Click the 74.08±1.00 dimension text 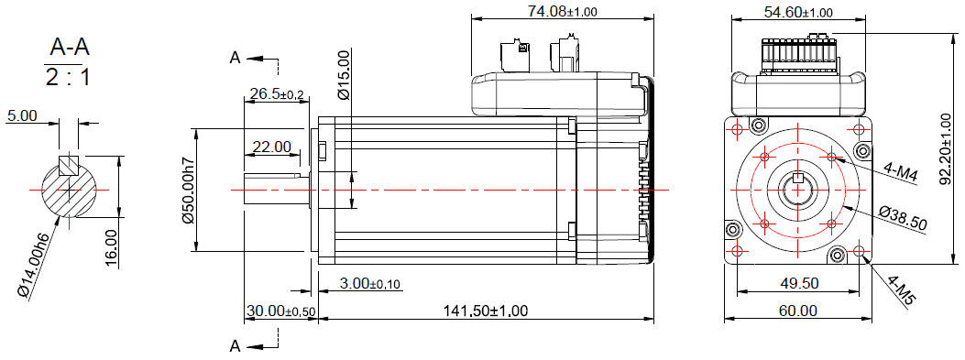point(562,12)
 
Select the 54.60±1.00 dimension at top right point(798,12)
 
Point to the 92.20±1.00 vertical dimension point(948,143)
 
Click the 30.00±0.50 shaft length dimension point(280,311)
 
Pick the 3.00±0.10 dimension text point(370,283)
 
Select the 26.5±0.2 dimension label point(276,94)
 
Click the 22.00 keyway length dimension point(271,147)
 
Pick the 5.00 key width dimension point(22,116)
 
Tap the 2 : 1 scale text point(68,77)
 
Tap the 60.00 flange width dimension point(797,311)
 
